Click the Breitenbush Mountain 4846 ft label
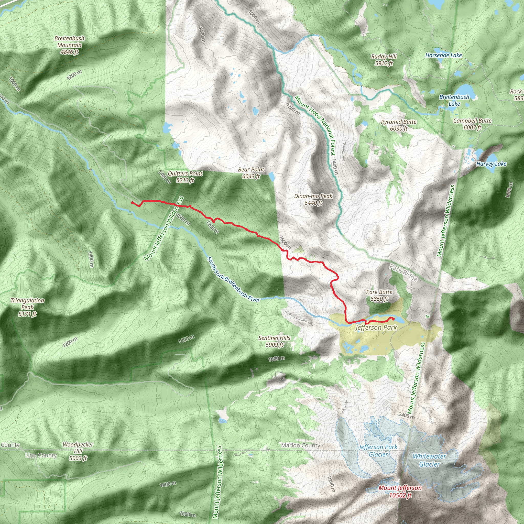click(69, 45)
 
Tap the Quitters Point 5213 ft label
click(185, 177)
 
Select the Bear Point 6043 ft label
click(251, 173)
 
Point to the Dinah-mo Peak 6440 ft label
click(313, 199)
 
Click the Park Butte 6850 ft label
click(379, 295)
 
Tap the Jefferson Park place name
click(376, 328)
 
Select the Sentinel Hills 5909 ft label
click(274, 341)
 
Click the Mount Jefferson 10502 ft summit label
click(400, 492)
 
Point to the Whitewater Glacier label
click(429, 460)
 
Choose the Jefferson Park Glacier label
click(378, 451)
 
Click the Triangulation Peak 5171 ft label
click(27, 307)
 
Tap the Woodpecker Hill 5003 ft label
click(78, 451)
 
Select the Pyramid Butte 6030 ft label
click(398, 125)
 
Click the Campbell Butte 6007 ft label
click(472, 124)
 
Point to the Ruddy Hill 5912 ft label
click(384, 60)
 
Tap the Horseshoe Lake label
click(443, 55)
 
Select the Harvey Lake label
click(491, 164)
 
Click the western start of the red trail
click(132, 203)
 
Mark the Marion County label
click(301, 445)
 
